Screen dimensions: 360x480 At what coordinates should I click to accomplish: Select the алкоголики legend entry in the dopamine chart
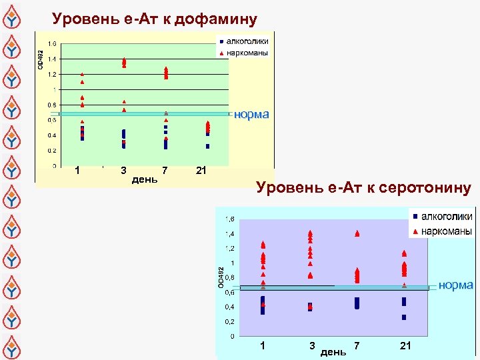247,41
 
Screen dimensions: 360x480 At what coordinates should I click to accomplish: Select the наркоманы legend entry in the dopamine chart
247,51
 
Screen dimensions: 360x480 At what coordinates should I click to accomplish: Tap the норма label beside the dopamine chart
252,114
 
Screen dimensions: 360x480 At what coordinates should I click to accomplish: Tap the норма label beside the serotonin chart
456,285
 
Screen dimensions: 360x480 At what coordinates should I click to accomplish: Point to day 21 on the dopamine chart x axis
201,171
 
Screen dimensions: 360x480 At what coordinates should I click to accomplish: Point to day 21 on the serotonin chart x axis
405,345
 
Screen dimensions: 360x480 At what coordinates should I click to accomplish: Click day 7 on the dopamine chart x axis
165,171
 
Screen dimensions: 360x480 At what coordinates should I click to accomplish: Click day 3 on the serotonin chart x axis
312,345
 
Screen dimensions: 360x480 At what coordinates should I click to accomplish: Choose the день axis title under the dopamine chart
145,179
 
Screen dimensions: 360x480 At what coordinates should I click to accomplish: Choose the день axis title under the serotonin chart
333,351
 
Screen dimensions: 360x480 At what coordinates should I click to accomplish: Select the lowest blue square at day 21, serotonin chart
404,317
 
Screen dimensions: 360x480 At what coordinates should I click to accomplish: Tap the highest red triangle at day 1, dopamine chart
82,74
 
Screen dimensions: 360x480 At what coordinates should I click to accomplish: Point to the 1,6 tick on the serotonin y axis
229,219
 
